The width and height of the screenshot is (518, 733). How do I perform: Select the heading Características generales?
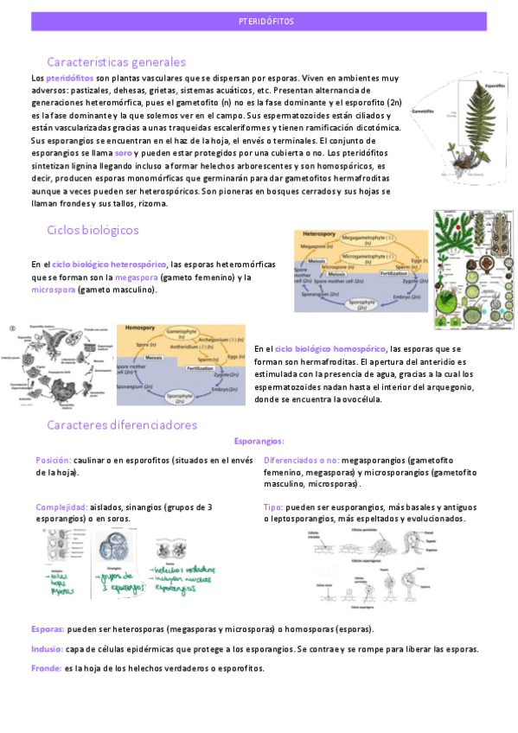pyautogui.click(x=116, y=62)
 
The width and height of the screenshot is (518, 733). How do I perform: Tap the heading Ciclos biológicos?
pyautogui.click(x=93, y=230)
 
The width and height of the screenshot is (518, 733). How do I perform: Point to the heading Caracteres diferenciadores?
pyautogui.click(x=122, y=424)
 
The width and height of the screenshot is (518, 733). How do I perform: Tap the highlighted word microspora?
pyautogui.click(x=53, y=290)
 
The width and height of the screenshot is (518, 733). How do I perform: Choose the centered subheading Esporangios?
pyautogui.click(x=259, y=441)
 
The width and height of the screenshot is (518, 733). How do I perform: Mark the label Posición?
pyautogui.click(x=53, y=461)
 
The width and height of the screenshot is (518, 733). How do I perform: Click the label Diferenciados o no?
pyautogui.click(x=301, y=461)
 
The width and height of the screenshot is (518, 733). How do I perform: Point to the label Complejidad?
pyautogui.click(x=61, y=507)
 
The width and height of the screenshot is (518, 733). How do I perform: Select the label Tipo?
pyautogui.click(x=273, y=507)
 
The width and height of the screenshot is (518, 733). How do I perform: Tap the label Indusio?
pyautogui.click(x=47, y=648)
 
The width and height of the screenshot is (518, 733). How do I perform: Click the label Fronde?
pyautogui.click(x=45, y=668)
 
